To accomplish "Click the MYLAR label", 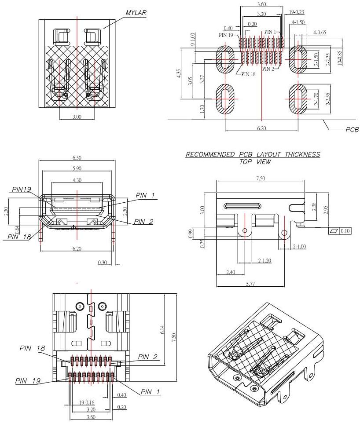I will [136, 13].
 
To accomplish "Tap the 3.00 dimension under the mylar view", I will [77, 117].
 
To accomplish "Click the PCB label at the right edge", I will [352, 130].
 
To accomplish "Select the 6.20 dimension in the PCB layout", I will [262, 128].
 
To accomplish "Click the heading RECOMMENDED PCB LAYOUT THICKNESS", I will [253, 154].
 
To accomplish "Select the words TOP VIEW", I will [255, 162].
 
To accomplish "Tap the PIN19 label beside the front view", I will [22, 190].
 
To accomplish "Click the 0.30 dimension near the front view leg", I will [103, 263].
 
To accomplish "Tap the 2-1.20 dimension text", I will [264, 261].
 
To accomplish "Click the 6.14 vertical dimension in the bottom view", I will [162, 329].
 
